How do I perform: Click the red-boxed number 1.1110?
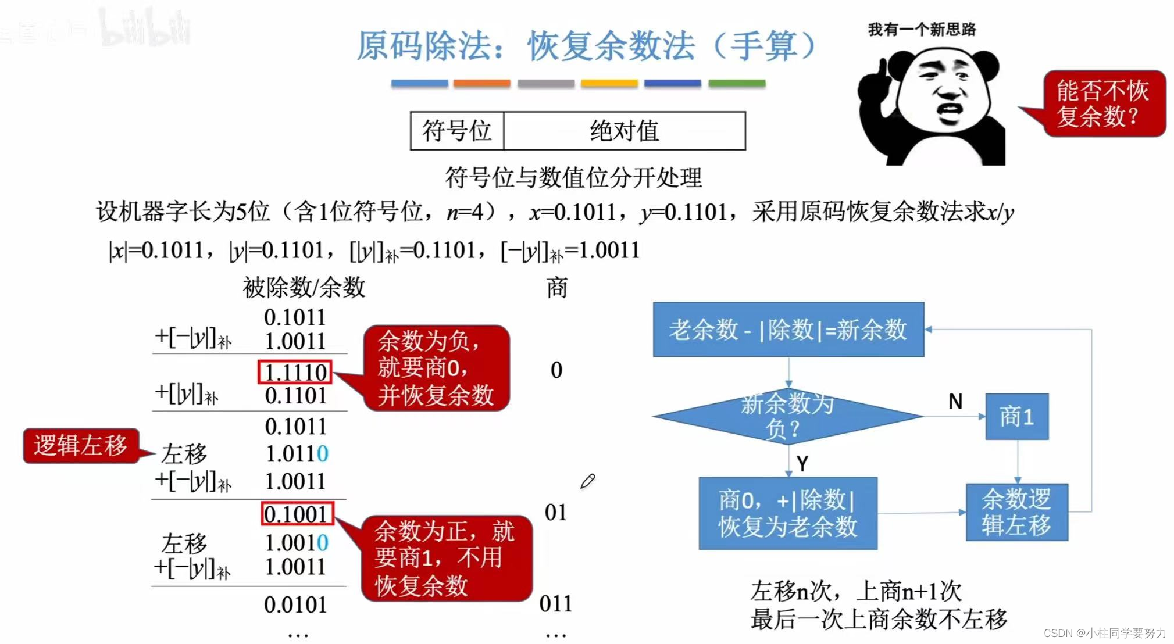[x=295, y=372]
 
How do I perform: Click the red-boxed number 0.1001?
[x=297, y=514]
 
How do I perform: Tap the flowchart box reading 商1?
[x=1016, y=416]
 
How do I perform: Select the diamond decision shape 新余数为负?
[x=787, y=416]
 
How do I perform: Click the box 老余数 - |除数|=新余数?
[x=788, y=330]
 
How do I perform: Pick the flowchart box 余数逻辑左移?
[x=1016, y=512]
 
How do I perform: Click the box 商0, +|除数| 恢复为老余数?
[x=787, y=513]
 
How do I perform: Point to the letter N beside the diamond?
[x=955, y=401]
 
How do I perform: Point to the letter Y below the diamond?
[x=802, y=464]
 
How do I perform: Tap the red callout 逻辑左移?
[x=80, y=446]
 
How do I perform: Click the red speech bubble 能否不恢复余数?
[x=1102, y=103]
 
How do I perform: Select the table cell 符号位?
[x=457, y=131]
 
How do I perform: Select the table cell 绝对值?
[x=624, y=131]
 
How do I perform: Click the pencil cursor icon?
[x=587, y=481]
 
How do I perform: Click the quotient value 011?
[x=555, y=603]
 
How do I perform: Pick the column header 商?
[x=556, y=288]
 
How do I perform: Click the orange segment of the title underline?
[x=481, y=84]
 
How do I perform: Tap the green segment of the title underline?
[x=736, y=84]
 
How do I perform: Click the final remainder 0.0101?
[x=295, y=604]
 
